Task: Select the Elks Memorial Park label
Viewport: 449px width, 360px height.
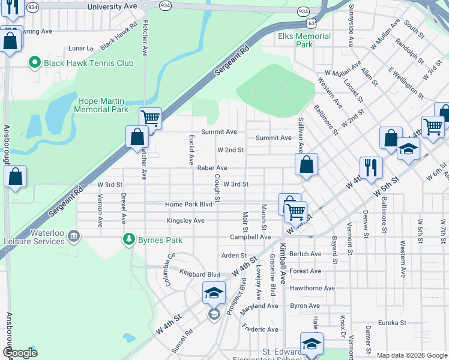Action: tap(304, 40)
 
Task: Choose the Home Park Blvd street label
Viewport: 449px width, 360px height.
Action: tap(189, 205)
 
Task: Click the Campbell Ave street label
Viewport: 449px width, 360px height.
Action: tap(250, 237)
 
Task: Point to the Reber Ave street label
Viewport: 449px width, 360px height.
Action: tap(212, 168)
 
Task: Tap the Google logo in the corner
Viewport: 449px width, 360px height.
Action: tap(20, 353)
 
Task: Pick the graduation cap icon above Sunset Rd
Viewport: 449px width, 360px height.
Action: tap(214, 292)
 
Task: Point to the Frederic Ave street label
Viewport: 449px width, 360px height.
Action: tap(261, 329)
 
